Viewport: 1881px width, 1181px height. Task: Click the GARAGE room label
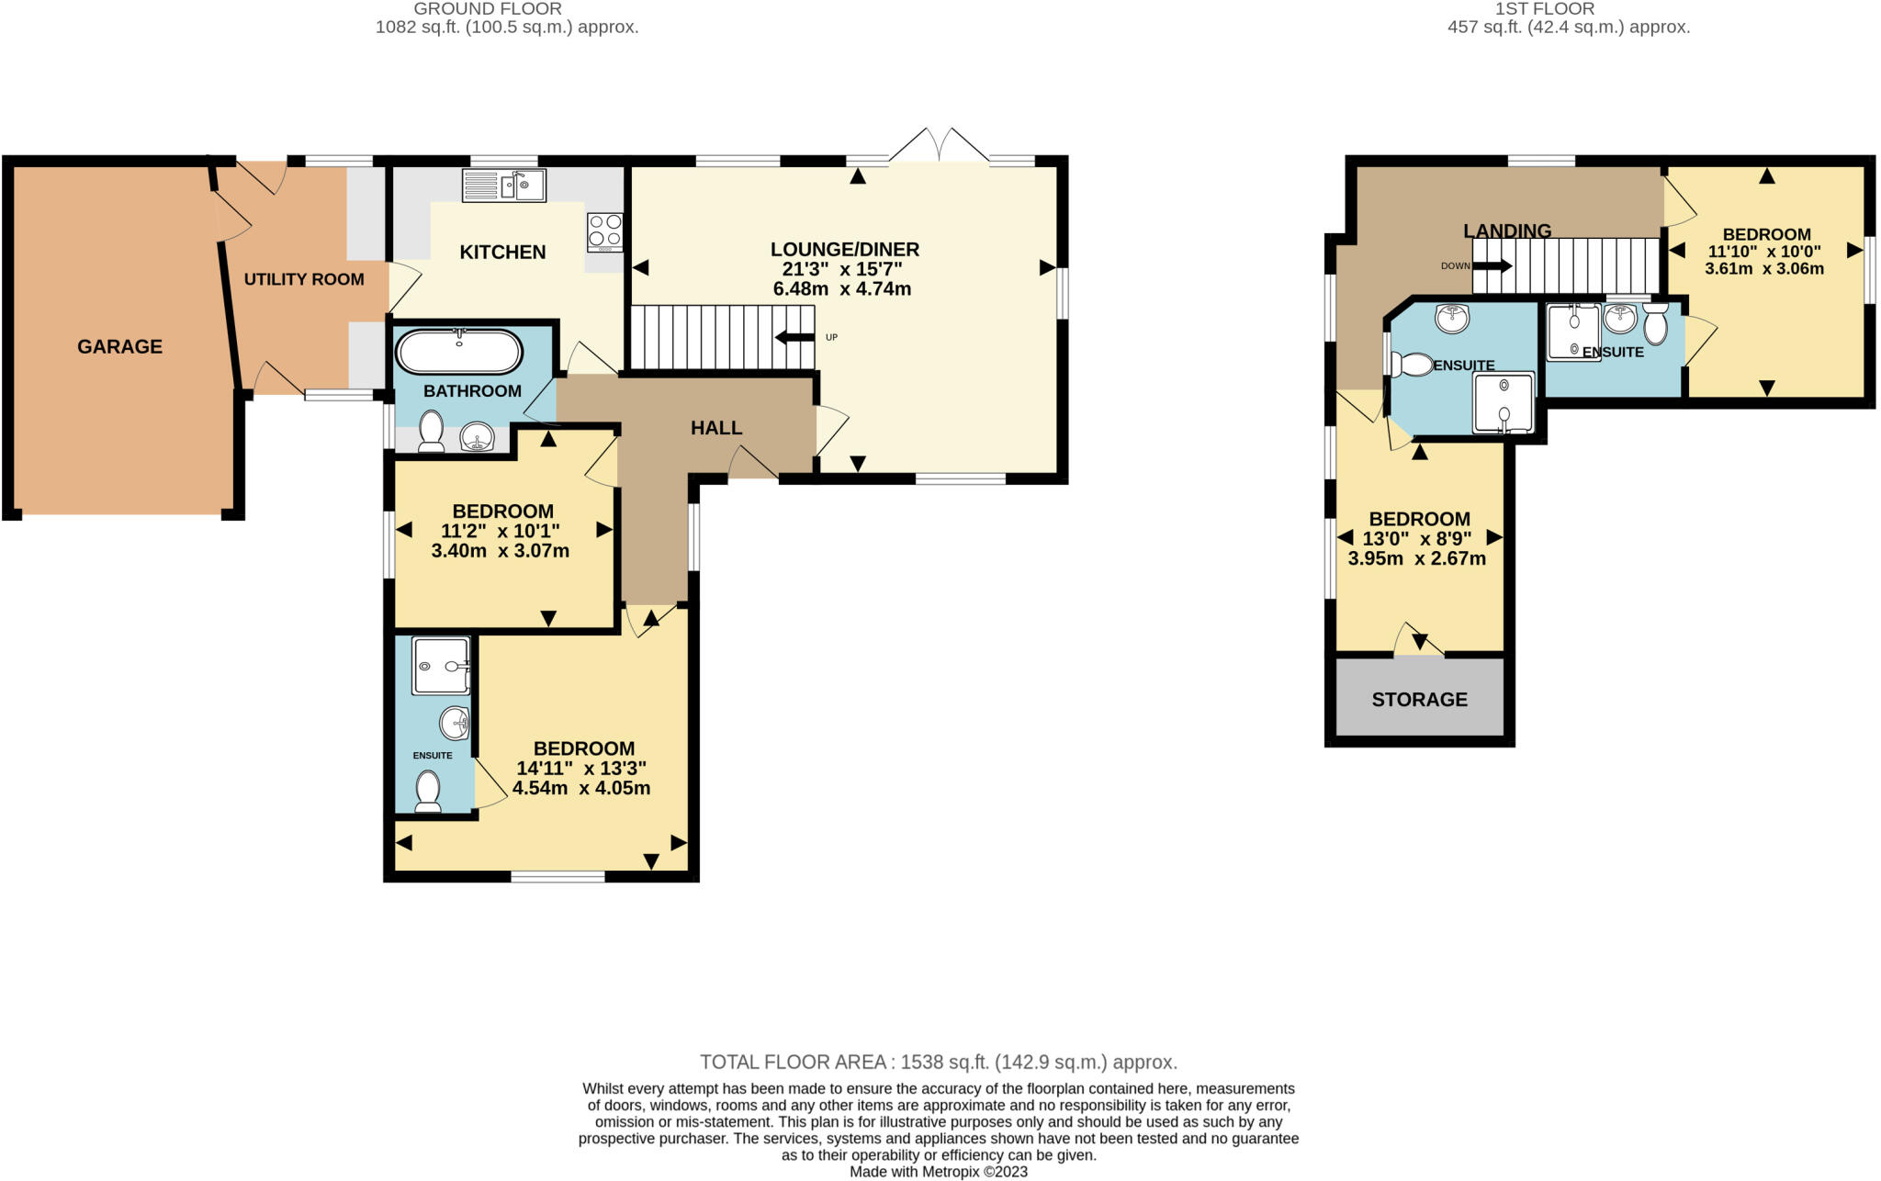tap(119, 346)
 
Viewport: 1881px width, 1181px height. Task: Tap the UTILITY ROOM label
tap(304, 279)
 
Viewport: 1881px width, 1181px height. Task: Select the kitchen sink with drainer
tap(504, 185)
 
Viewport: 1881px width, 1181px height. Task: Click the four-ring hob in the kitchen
tap(605, 232)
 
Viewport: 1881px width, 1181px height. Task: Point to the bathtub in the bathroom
tap(458, 352)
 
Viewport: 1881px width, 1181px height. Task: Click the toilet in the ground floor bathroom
tap(431, 432)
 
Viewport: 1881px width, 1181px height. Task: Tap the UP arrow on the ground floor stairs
tap(794, 337)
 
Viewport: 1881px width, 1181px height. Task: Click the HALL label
tap(716, 428)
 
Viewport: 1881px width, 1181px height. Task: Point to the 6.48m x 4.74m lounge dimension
tap(842, 289)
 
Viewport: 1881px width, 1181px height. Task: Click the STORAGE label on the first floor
tap(1419, 700)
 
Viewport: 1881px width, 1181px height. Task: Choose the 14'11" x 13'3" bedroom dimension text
tap(581, 769)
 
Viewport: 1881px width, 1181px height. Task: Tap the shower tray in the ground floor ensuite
tap(441, 665)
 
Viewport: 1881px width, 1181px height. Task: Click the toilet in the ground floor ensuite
tap(428, 792)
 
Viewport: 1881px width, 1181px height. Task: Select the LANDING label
tap(1507, 231)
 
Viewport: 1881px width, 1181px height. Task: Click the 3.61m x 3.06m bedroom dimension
tap(1764, 269)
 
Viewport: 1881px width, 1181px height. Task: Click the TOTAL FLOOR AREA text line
tap(939, 1063)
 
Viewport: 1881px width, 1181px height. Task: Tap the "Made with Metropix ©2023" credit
tap(939, 1172)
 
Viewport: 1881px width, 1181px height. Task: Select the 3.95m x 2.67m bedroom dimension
tap(1416, 558)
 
